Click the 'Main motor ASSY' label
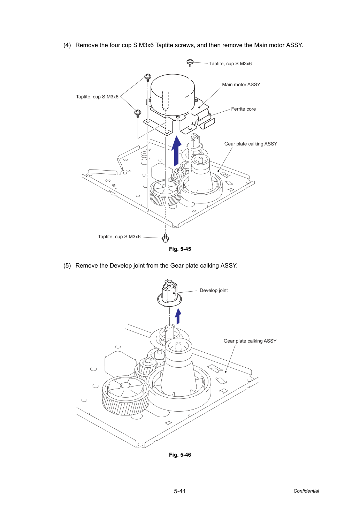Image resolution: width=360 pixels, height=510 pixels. (241, 84)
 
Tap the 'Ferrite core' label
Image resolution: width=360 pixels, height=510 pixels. (243, 109)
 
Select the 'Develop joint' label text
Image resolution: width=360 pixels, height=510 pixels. (214, 290)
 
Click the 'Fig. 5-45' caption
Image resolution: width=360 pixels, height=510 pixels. (180, 249)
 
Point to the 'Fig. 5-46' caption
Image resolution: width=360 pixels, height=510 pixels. (180, 455)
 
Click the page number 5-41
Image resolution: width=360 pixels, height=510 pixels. (180, 491)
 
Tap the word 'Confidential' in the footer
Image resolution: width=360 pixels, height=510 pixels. (306, 491)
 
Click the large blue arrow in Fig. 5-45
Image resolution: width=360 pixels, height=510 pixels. (176, 151)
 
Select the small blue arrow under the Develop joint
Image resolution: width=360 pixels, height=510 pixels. (178, 316)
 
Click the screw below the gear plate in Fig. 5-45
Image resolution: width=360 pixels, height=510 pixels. (165, 238)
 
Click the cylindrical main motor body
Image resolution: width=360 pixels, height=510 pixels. (173, 95)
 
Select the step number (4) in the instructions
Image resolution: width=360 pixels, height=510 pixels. (67, 45)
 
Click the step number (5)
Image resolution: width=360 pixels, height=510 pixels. (67, 265)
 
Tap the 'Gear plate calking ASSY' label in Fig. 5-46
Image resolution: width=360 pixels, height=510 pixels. (250, 341)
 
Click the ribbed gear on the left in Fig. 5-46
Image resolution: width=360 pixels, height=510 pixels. (125, 395)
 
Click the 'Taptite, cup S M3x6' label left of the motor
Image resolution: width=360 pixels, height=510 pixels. (97, 97)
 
